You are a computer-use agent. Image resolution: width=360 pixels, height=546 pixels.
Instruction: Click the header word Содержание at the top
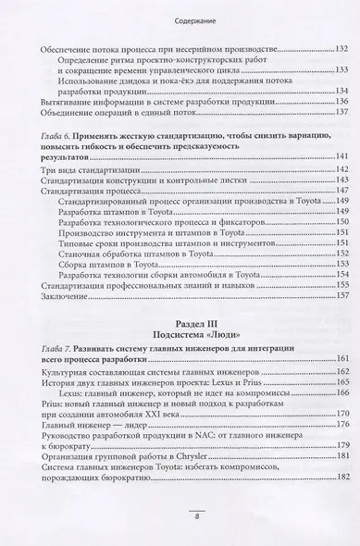(x=180, y=14)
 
